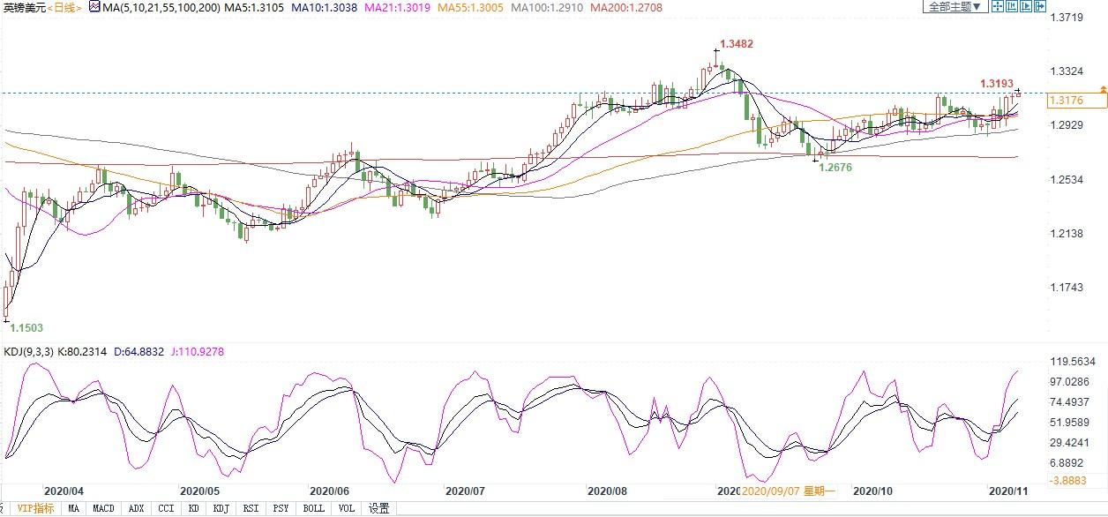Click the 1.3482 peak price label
tap(736, 44)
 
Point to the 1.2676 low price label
tap(835, 168)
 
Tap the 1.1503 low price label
tap(26, 327)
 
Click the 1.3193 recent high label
tap(997, 84)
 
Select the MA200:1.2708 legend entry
tap(626, 7)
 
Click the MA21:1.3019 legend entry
tap(397, 7)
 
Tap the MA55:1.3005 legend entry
tap(470, 7)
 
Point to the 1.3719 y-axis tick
tap(1067, 18)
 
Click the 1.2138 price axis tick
tap(1067, 233)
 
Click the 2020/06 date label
tap(329, 491)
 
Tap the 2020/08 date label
tap(607, 491)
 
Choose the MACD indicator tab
tap(103, 508)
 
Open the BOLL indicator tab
tap(313, 508)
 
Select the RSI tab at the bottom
tap(251, 508)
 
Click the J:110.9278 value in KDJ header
tap(198, 352)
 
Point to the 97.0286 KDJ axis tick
tap(1069, 381)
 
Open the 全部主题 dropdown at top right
tap(955, 6)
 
